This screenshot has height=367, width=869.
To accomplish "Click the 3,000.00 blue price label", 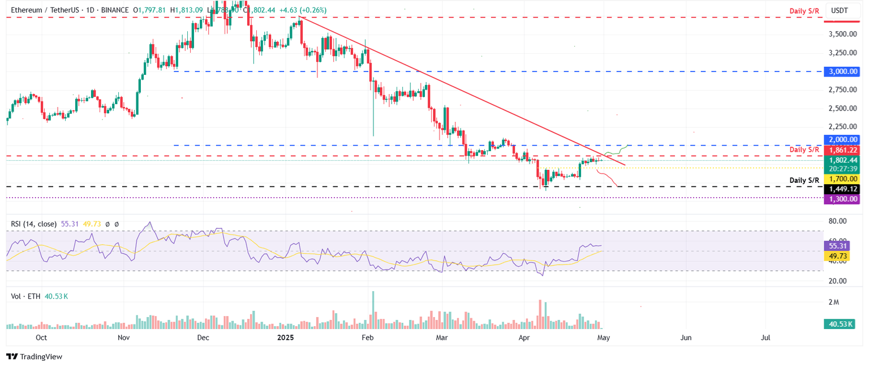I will pos(843,71).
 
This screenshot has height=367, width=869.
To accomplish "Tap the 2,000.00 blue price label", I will pos(843,139).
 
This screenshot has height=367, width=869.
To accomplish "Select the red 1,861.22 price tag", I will pos(843,150).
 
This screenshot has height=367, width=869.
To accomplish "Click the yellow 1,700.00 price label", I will pos(843,178).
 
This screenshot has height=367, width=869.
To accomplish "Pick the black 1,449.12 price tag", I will pos(843,189).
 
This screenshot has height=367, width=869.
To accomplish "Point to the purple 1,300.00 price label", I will pos(843,199).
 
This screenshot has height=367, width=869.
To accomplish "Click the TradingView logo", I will pos(34,356).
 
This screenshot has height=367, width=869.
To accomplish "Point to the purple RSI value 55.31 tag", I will pos(837,246).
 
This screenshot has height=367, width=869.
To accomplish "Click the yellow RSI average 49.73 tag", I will pos(837,256).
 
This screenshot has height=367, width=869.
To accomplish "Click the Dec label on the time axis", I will pos(203,338).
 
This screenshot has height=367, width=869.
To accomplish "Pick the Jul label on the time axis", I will pos(766,338).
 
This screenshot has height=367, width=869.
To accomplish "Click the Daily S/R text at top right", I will pos(805,11).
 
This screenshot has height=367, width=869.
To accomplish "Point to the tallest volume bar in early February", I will pos(373,310).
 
